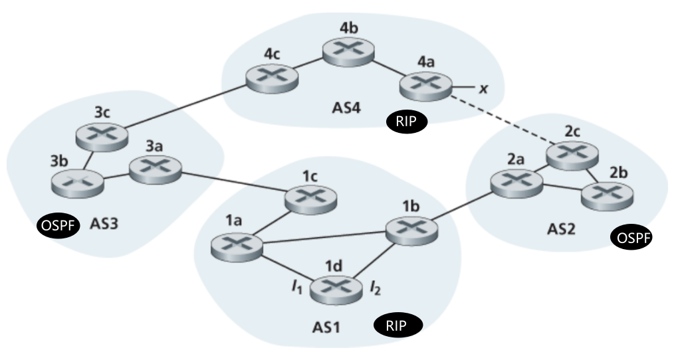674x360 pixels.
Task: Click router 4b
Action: click(x=348, y=50)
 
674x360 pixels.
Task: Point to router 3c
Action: click(x=100, y=136)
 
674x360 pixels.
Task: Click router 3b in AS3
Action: click(x=78, y=181)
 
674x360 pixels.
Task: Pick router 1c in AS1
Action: click(x=310, y=197)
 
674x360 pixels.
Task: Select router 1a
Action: click(x=236, y=245)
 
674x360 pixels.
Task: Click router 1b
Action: click(x=413, y=229)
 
